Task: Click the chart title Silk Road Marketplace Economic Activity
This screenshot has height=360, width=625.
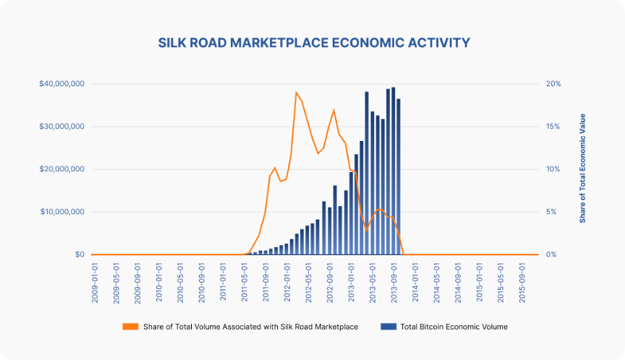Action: [313, 43]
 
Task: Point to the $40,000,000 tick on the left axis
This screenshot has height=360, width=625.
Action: [63, 84]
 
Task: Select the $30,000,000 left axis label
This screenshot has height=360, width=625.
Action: [63, 127]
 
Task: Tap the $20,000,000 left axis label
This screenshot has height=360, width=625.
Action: [63, 169]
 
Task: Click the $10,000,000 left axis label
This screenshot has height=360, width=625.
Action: [63, 212]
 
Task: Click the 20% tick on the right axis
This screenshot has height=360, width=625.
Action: [553, 84]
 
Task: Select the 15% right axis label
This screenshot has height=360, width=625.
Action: [553, 127]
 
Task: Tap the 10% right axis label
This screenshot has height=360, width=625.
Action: [553, 169]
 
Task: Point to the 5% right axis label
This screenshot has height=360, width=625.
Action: [552, 212]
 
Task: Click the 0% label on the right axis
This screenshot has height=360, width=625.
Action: [552, 254]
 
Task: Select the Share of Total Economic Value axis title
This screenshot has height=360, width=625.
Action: [583, 168]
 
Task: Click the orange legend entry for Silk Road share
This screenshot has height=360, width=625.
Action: [241, 327]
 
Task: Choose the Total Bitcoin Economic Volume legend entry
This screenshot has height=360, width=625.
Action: [444, 327]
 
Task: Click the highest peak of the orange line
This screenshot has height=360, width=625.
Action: [296, 93]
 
